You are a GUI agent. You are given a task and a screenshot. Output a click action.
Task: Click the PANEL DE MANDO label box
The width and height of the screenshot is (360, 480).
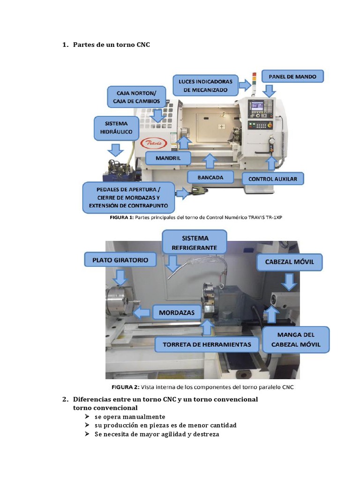tap(292, 76)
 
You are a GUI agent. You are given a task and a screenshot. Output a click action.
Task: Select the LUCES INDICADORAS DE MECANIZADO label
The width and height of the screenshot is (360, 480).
tap(206, 85)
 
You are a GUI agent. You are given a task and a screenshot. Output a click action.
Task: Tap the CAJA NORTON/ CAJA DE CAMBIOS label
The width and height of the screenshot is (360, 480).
tap(136, 97)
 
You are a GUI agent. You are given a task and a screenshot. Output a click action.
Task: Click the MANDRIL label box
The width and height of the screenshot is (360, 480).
tap(162, 158)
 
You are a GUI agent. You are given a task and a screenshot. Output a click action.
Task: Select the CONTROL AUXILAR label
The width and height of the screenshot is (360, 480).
tap(272, 179)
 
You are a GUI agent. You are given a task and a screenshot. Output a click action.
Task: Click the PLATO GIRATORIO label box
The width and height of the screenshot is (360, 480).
tap(120, 259)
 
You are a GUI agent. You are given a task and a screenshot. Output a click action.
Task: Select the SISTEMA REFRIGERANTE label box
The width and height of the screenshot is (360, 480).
tap(194, 242)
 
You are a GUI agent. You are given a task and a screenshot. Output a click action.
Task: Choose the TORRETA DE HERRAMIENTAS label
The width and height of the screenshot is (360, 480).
tap(207, 345)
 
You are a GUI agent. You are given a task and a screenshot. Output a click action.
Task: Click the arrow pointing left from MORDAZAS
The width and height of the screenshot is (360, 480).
tap(141, 312)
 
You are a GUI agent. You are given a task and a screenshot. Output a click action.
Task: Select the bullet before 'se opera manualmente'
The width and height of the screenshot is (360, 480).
tap(87, 417)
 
